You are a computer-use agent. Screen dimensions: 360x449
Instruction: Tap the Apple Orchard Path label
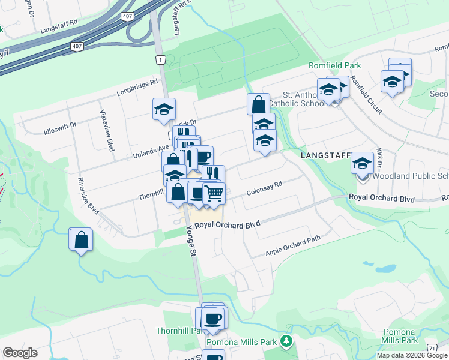294,246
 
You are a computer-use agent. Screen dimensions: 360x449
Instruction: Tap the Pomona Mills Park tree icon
287,342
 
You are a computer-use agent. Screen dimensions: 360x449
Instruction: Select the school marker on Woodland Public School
363,163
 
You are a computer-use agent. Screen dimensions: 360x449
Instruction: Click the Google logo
20,353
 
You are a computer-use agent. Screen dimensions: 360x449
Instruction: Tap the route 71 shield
432,348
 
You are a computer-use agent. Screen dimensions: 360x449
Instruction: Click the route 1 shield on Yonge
160,59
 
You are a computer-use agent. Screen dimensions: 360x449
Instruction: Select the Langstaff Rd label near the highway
59,29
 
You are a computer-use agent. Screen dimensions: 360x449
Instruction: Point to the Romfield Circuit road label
363,93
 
